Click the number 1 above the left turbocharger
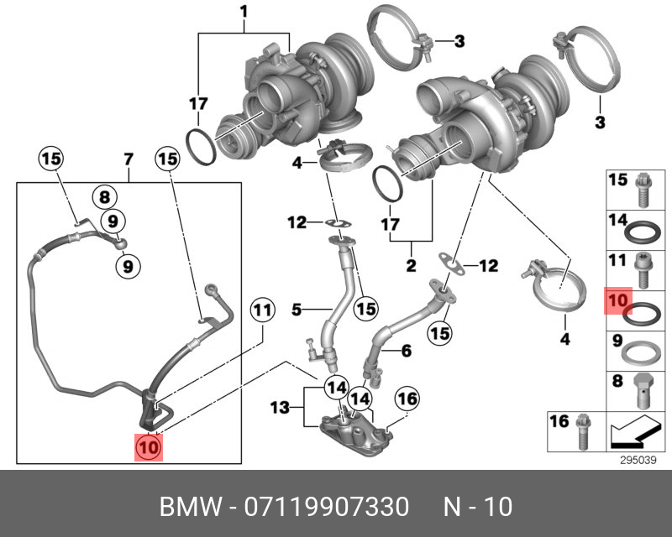(244, 13)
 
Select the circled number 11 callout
(262, 310)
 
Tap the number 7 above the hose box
(129, 159)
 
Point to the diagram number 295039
(637, 459)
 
